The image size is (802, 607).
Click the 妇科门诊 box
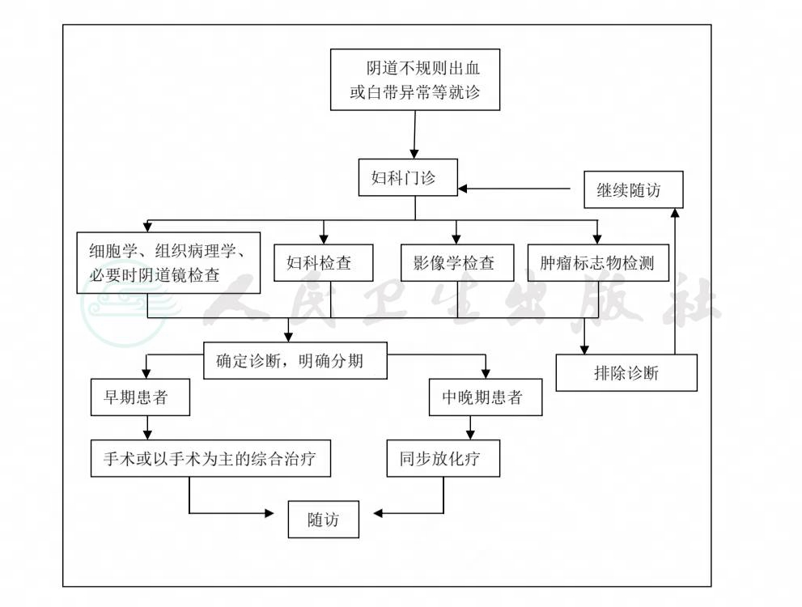408,177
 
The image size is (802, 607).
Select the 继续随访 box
633,189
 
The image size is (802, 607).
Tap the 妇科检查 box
323,263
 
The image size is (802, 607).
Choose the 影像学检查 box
456,263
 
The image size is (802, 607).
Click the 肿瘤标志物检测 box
598,263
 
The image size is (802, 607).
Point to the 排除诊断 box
626,373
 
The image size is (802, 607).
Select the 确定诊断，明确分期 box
295,360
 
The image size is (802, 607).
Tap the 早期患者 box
140,397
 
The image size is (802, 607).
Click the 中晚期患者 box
485,397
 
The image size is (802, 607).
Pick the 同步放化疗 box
443,458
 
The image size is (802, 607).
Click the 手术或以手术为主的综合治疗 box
210,458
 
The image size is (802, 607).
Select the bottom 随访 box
323,519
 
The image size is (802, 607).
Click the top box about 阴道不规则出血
415,79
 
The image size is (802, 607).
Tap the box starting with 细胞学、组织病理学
168,263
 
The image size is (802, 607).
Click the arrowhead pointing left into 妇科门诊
462,189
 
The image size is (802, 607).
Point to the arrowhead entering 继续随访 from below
675,213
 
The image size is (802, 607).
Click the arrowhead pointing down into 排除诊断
584,350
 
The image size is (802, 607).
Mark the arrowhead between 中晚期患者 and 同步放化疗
470,435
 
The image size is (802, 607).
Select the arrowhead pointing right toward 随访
269,513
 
